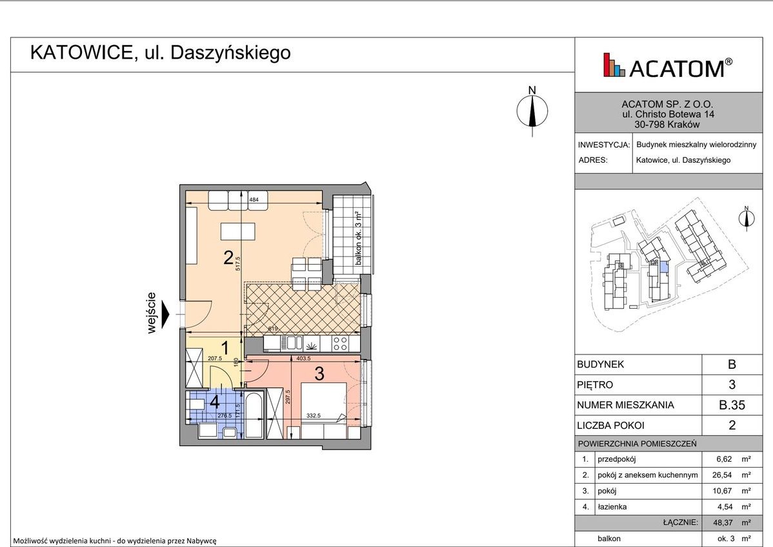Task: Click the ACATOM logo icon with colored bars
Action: point(614,65)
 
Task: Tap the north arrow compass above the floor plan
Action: point(532,111)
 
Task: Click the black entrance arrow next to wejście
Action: point(166,315)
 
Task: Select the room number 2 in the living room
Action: point(228,258)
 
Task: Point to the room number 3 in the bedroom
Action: point(319,373)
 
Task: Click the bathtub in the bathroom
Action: point(254,415)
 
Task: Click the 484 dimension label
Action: point(254,200)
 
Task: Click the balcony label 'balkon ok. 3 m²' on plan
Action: point(357,240)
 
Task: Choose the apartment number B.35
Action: point(732,406)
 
